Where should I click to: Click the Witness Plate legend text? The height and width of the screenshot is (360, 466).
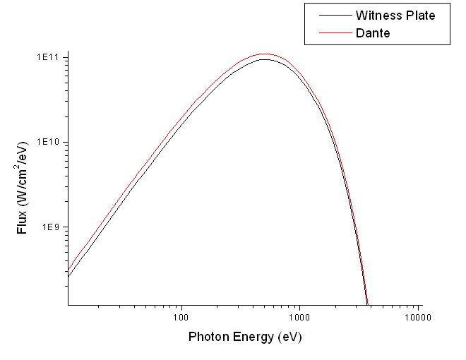point(395,15)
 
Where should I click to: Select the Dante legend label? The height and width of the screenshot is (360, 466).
point(373,32)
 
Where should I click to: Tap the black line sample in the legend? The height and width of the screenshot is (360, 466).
point(334,15)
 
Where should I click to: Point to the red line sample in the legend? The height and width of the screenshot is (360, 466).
point(334,32)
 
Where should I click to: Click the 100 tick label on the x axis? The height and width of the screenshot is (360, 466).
point(182,317)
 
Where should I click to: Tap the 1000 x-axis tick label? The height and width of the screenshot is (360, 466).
point(300,317)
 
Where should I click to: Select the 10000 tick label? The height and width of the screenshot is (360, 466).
point(419,317)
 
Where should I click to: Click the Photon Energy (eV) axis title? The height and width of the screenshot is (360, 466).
point(244,337)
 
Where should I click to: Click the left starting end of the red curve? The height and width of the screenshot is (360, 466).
point(68,270)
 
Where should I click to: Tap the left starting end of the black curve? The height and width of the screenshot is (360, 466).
point(68,276)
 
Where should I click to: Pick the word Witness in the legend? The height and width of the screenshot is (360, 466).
point(379,15)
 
